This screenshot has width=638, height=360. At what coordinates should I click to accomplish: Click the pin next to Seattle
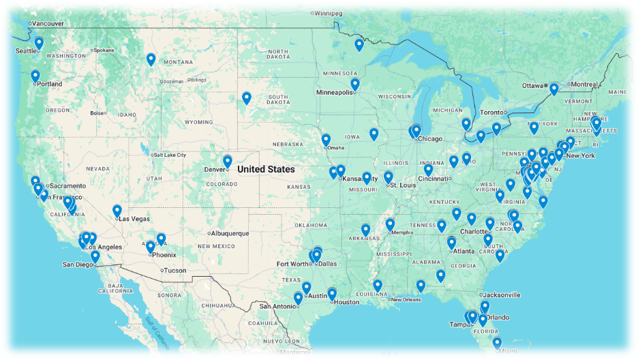click(x=39, y=44)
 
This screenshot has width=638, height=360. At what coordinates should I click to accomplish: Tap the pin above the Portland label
click(x=35, y=76)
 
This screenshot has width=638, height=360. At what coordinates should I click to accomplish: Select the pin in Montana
click(x=151, y=59)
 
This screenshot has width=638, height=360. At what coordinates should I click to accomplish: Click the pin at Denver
click(x=228, y=162)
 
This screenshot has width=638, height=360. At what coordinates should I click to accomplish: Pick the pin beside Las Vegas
click(x=117, y=211)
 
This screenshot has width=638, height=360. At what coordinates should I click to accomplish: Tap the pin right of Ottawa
click(x=554, y=89)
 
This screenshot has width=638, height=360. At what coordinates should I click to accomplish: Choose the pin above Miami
click(x=497, y=343)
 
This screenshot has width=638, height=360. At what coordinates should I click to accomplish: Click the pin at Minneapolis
click(x=355, y=84)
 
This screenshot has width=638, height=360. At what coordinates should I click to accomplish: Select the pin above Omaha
click(x=326, y=140)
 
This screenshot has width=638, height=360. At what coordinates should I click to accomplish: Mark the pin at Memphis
click(x=390, y=224)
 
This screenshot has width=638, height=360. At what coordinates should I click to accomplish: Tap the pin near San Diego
click(x=95, y=256)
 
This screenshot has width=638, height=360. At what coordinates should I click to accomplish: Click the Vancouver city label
click(x=47, y=23)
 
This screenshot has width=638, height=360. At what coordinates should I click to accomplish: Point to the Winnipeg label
click(x=328, y=12)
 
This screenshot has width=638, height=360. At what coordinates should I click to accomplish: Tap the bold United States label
click(x=266, y=169)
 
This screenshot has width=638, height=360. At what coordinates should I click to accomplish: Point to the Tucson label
click(x=174, y=271)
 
